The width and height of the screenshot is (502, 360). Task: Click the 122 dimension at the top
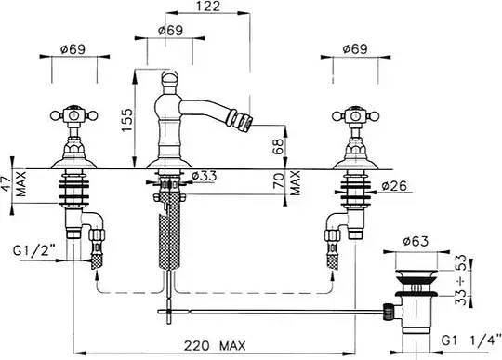click(208, 7)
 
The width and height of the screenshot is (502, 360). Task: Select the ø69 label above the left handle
click(73, 49)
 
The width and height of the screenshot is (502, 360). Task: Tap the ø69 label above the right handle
click(355, 49)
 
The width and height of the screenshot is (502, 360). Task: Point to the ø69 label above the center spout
click(170, 31)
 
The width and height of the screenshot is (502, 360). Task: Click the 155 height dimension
click(127, 120)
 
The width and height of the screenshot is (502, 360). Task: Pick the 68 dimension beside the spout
click(279, 146)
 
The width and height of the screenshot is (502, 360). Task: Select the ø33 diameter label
click(204, 176)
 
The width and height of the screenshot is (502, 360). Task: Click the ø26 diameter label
click(394, 186)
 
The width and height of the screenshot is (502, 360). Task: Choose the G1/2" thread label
click(34, 250)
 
